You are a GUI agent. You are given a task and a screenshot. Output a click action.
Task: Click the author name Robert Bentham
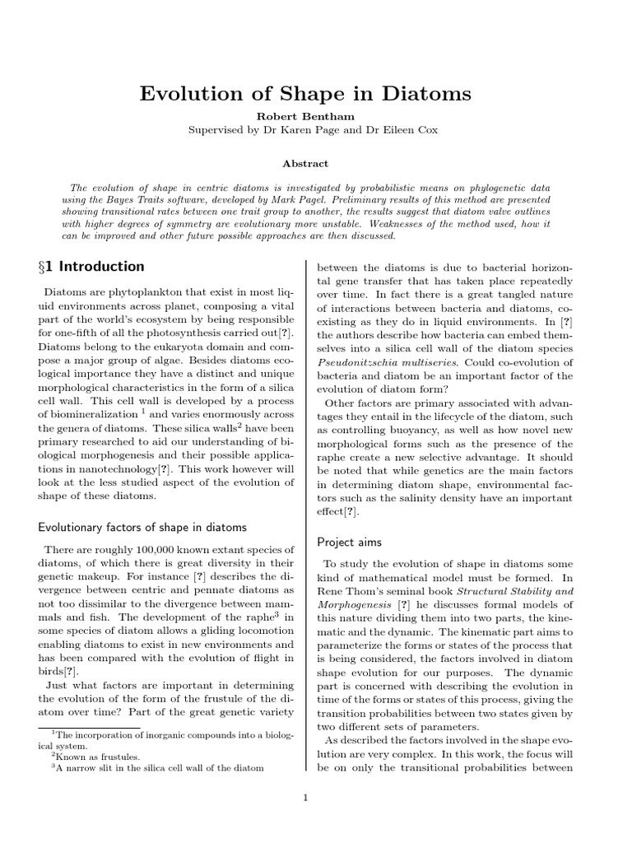(x=316, y=117)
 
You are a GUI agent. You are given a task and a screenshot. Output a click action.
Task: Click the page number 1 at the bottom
(x=305, y=797)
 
